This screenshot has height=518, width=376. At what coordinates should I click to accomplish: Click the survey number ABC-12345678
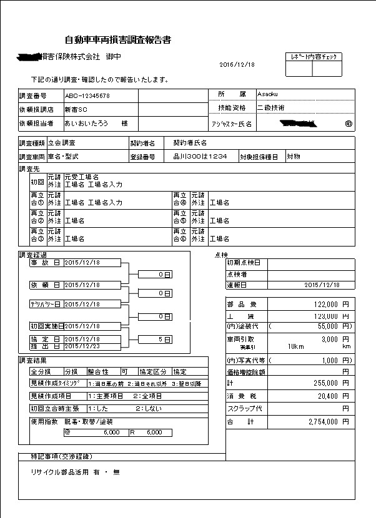87,96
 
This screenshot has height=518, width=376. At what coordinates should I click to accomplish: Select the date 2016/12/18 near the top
238,64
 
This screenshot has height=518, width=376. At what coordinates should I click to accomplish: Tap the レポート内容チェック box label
314,57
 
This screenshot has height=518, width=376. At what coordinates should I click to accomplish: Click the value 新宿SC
75,110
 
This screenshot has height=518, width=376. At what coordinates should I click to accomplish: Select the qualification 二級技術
271,108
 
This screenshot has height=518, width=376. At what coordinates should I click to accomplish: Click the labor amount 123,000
324,316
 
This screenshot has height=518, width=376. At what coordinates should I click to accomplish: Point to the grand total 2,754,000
323,422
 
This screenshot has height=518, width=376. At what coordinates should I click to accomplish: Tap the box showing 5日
164,340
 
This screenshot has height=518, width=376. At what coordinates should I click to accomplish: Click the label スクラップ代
244,409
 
